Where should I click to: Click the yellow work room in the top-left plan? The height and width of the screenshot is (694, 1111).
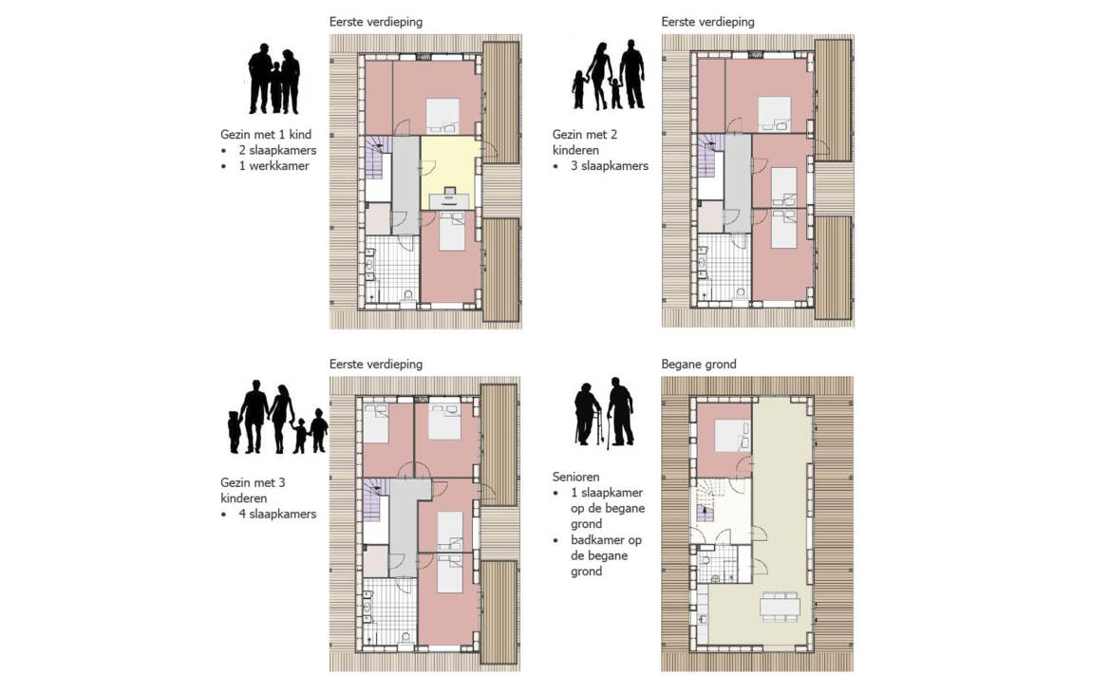coord(451,172)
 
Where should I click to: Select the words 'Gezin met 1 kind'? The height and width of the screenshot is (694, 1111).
coord(266,135)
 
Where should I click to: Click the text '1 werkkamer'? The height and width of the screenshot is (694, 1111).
coord(273,166)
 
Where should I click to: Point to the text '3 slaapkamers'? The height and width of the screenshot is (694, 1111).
coord(610,166)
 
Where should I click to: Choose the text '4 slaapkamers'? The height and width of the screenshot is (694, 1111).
coord(277,515)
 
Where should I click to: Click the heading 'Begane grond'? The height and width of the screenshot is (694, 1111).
coord(699,364)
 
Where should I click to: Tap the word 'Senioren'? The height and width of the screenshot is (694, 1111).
coord(576,478)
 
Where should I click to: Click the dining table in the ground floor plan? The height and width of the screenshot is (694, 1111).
coord(781,608)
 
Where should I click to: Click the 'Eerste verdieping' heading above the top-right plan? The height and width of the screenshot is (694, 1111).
coord(707,22)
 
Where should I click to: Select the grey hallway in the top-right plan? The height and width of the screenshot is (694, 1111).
coord(738,182)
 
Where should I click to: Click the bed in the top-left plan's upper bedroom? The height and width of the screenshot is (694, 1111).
coord(443,116)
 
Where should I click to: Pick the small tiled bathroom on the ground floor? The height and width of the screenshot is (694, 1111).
coord(718,564)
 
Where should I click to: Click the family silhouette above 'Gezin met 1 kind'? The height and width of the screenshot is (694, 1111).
coord(274,79)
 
